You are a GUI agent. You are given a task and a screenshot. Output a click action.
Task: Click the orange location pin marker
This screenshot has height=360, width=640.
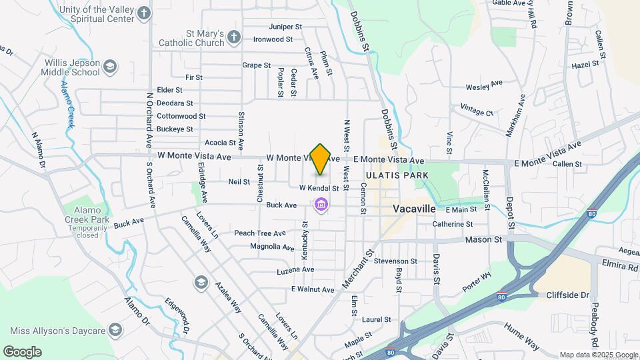[x=320, y=159]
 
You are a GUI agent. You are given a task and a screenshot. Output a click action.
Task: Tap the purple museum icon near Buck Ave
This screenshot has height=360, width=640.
[x=321, y=204]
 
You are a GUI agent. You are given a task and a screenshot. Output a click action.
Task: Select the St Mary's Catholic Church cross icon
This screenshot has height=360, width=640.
[x=233, y=37]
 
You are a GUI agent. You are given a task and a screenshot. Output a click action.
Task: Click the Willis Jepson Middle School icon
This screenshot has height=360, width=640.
[x=110, y=66]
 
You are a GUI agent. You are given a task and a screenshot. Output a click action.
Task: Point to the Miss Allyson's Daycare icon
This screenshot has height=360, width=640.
[x=115, y=331]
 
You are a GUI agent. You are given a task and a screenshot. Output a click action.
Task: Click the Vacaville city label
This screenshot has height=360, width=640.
[x=414, y=209]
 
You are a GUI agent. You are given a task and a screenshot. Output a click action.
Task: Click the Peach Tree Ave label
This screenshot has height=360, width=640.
[x=259, y=233]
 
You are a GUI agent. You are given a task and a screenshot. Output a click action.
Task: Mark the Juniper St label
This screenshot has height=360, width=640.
[x=285, y=27]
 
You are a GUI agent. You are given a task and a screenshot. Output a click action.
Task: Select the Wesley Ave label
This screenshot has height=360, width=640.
[x=483, y=86]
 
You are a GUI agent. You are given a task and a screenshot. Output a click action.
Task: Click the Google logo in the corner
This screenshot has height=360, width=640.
[x=22, y=351]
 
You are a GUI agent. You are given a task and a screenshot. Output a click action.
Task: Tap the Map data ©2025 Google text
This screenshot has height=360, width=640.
[x=598, y=355]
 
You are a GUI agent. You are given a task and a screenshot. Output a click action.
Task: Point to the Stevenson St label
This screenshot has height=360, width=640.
[x=395, y=261]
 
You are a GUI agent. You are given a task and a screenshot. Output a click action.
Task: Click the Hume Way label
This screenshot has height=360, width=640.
[x=522, y=344]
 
